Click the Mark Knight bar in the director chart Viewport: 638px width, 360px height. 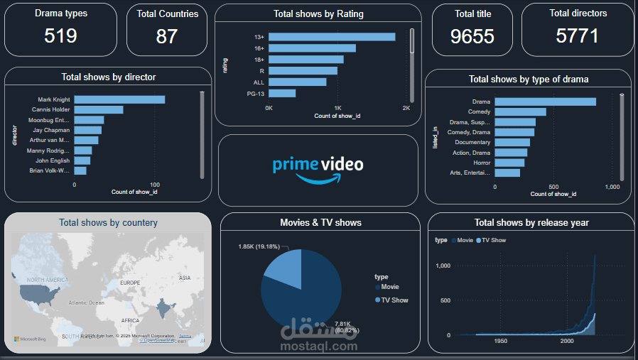(119, 99)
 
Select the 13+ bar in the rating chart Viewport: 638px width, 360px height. (332, 37)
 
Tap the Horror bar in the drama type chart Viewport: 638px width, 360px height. (509, 163)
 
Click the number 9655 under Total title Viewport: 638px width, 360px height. (472, 36)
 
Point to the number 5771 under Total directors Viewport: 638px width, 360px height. (578, 36)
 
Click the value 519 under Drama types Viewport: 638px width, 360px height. (60, 36)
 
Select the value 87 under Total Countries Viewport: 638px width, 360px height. (167, 36)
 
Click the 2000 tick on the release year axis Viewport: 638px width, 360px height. (566, 342)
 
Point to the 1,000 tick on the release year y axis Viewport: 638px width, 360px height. (443, 266)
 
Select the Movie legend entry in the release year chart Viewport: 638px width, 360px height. (463, 241)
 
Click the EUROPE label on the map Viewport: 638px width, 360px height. (130, 283)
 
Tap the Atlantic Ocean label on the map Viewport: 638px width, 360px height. (87, 302)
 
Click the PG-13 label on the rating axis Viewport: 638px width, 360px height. (256, 93)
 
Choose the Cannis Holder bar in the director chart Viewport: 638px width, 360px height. (99, 109)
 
